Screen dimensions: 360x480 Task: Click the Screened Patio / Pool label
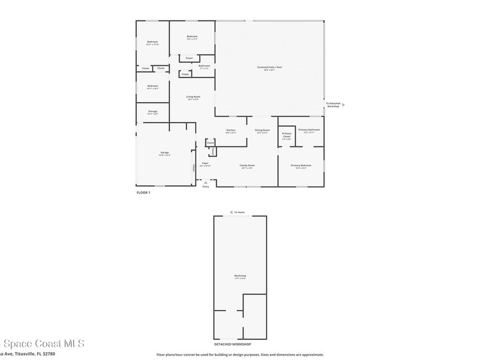pyautogui.click(x=269, y=67)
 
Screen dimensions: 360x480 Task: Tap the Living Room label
pyautogui.click(x=193, y=97)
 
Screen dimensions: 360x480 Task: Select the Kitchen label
pyautogui.click(x=231, y=130)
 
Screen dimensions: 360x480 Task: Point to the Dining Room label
pyautogui.click(x=262, y=130)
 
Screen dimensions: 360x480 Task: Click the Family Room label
pyautogui.click(x=247, y=165)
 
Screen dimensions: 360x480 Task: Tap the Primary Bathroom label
pyautogui.click(x=309, y=130)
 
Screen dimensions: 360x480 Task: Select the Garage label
pyautogui.click(x=165, y=153)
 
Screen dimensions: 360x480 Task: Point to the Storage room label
pyautogui.click(x=152, y=112)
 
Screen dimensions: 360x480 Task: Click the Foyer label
pyautogui.click(x=205, y=164)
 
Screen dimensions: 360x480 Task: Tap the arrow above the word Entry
pyautogui.click(x=205, y=182)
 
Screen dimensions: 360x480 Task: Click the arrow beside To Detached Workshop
pyautogui.click(x=343, y=105)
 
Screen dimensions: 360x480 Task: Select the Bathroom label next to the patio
pyautogui.click(x=204, y=66)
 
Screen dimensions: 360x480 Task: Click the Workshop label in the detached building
pyautogui.click(x=240, y=276)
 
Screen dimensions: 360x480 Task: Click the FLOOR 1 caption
pyautogui.click(x=142, y=193)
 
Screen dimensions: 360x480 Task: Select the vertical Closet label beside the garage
pyautogui.click(x=193, y=167)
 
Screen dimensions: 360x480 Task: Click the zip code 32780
pyautogui.click(x=49, y=354)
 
